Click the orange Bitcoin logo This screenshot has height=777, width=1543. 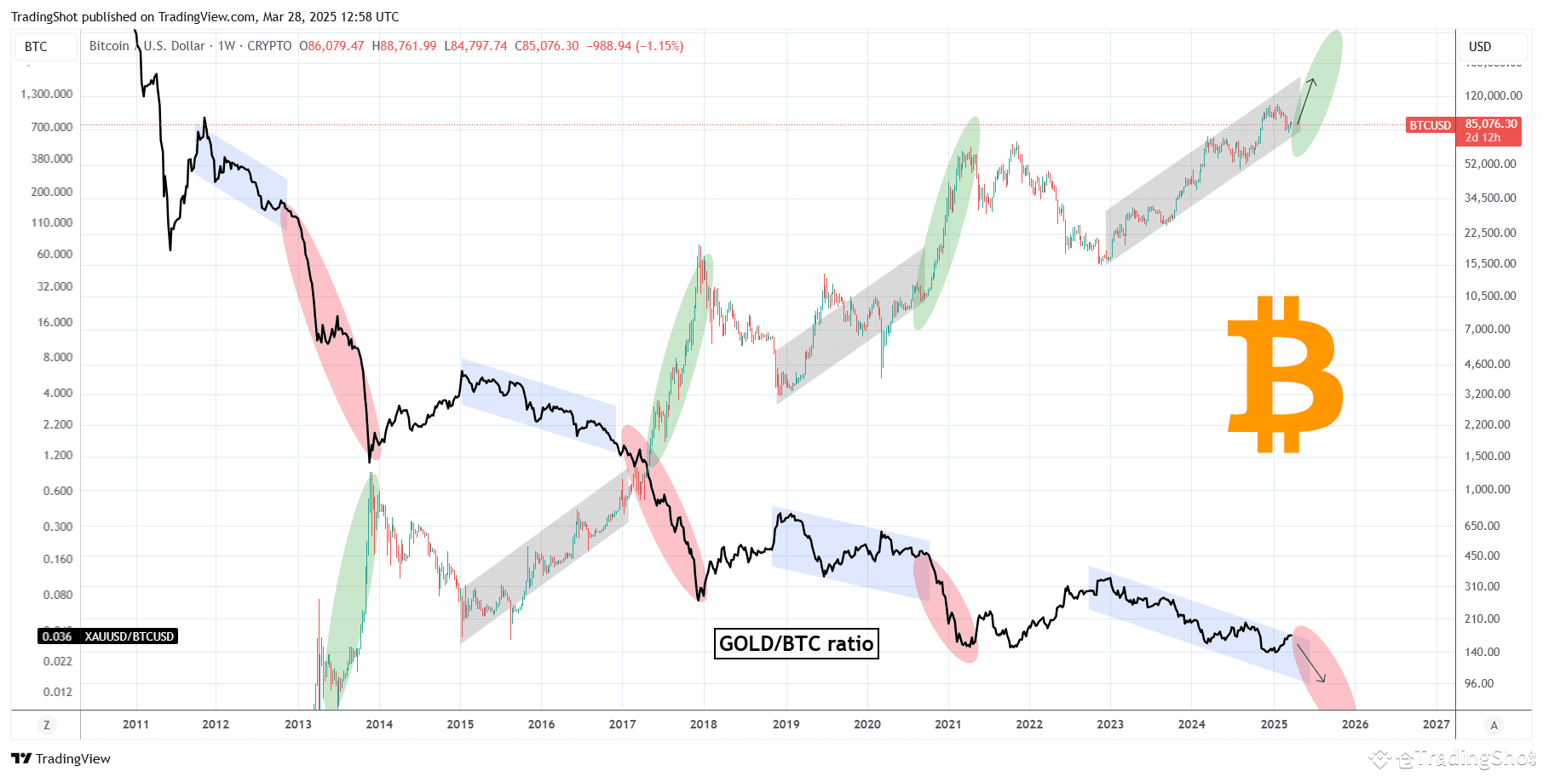click(1285, 375)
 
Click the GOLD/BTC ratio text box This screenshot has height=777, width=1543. click(796, 643)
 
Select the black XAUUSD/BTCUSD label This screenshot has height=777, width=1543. click(109, 636)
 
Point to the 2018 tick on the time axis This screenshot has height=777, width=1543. click(703, 724)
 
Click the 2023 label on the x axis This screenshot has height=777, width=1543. click(1109, 724)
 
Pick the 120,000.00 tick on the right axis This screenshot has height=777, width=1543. click(1493, 95)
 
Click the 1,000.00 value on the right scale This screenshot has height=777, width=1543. click(1487, 489)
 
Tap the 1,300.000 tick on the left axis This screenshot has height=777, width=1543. click(47, 94)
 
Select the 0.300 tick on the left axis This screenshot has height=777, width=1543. click(57, 527)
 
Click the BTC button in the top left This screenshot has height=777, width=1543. click(37, 47)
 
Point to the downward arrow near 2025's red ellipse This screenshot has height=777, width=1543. click(1311, 663)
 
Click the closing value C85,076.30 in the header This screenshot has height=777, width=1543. click(546, 46)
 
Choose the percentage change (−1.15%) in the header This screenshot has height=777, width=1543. click(659, 46)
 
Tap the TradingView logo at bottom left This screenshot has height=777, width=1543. click(61, 758)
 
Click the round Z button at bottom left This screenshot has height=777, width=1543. click(46, 725)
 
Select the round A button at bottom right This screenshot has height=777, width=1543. click(1493, 725)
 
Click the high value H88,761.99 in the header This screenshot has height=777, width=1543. click(404, 46)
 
